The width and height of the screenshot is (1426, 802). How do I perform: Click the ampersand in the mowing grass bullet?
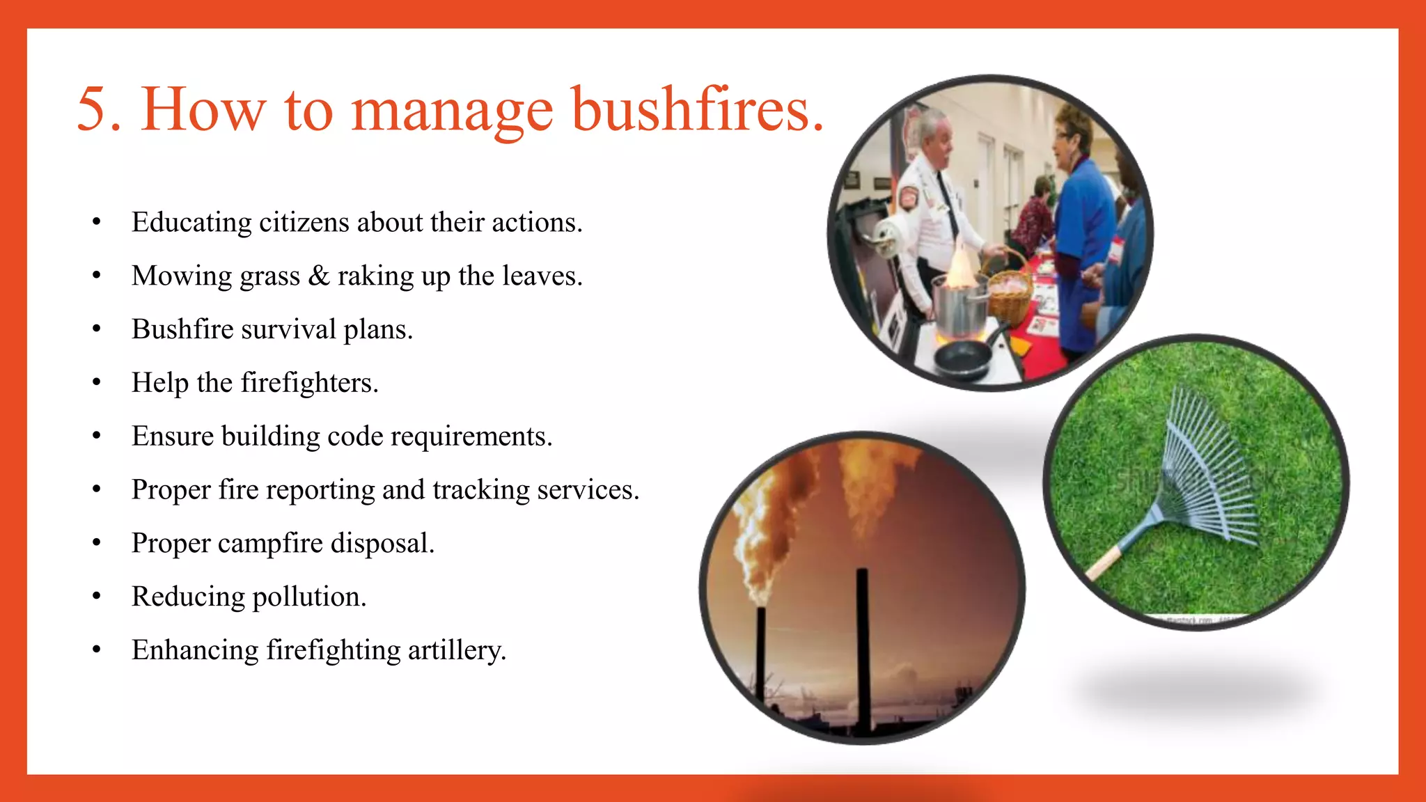318,276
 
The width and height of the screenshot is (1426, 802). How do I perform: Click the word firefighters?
309,383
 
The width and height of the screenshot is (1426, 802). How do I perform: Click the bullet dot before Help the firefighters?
97,382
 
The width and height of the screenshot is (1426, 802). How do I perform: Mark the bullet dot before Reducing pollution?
97,596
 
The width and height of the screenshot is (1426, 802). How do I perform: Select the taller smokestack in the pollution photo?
863,647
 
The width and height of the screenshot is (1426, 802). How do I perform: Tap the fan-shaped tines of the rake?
1208,466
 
